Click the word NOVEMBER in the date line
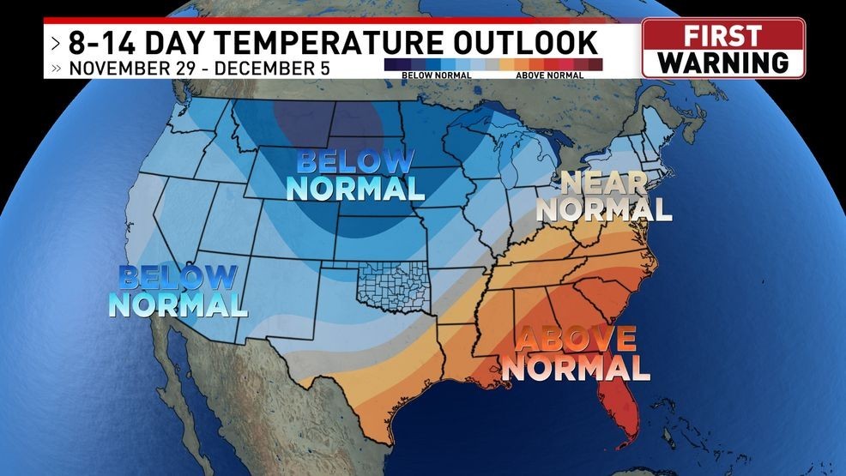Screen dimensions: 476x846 [x=113, y=68]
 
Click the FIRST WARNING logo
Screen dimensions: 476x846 [x=723, y=49]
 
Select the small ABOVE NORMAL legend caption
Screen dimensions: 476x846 [x=549, y=75]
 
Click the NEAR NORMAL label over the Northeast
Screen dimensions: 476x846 [x=608, y=195]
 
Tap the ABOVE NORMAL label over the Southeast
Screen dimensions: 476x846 [x=576, y=353]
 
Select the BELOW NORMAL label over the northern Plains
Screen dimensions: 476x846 [x=355, y=174]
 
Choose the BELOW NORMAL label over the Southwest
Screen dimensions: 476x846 [x=178, y=290]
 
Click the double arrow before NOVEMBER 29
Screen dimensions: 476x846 [x=56, y=68]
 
